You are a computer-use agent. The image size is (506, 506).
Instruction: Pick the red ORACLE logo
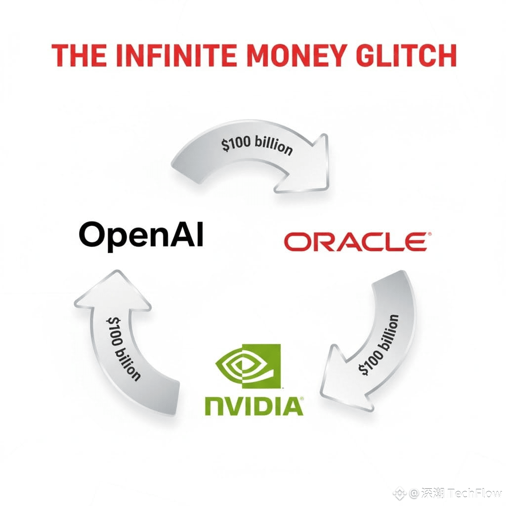click(x=355, y=242)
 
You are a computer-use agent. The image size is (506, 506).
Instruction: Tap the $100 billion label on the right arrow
click(x=379, y=345)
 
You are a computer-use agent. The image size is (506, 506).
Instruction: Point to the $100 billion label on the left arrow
click(x=124, y=349)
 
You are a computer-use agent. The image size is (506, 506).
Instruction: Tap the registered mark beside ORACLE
click(x=429, y=234)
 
